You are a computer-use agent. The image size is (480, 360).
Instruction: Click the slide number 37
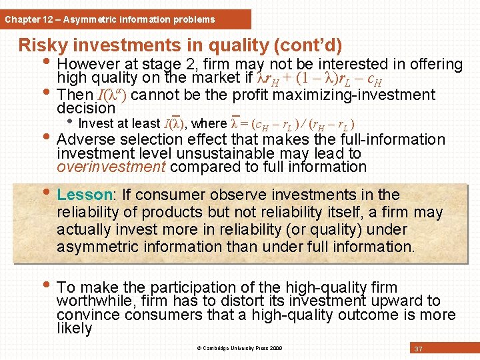pos(419,349)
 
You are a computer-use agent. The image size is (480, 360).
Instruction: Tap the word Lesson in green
pos(84,195)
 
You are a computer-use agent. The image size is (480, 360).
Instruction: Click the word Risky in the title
pos(44,45)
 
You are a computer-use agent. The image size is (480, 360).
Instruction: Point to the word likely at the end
pos(74,329)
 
